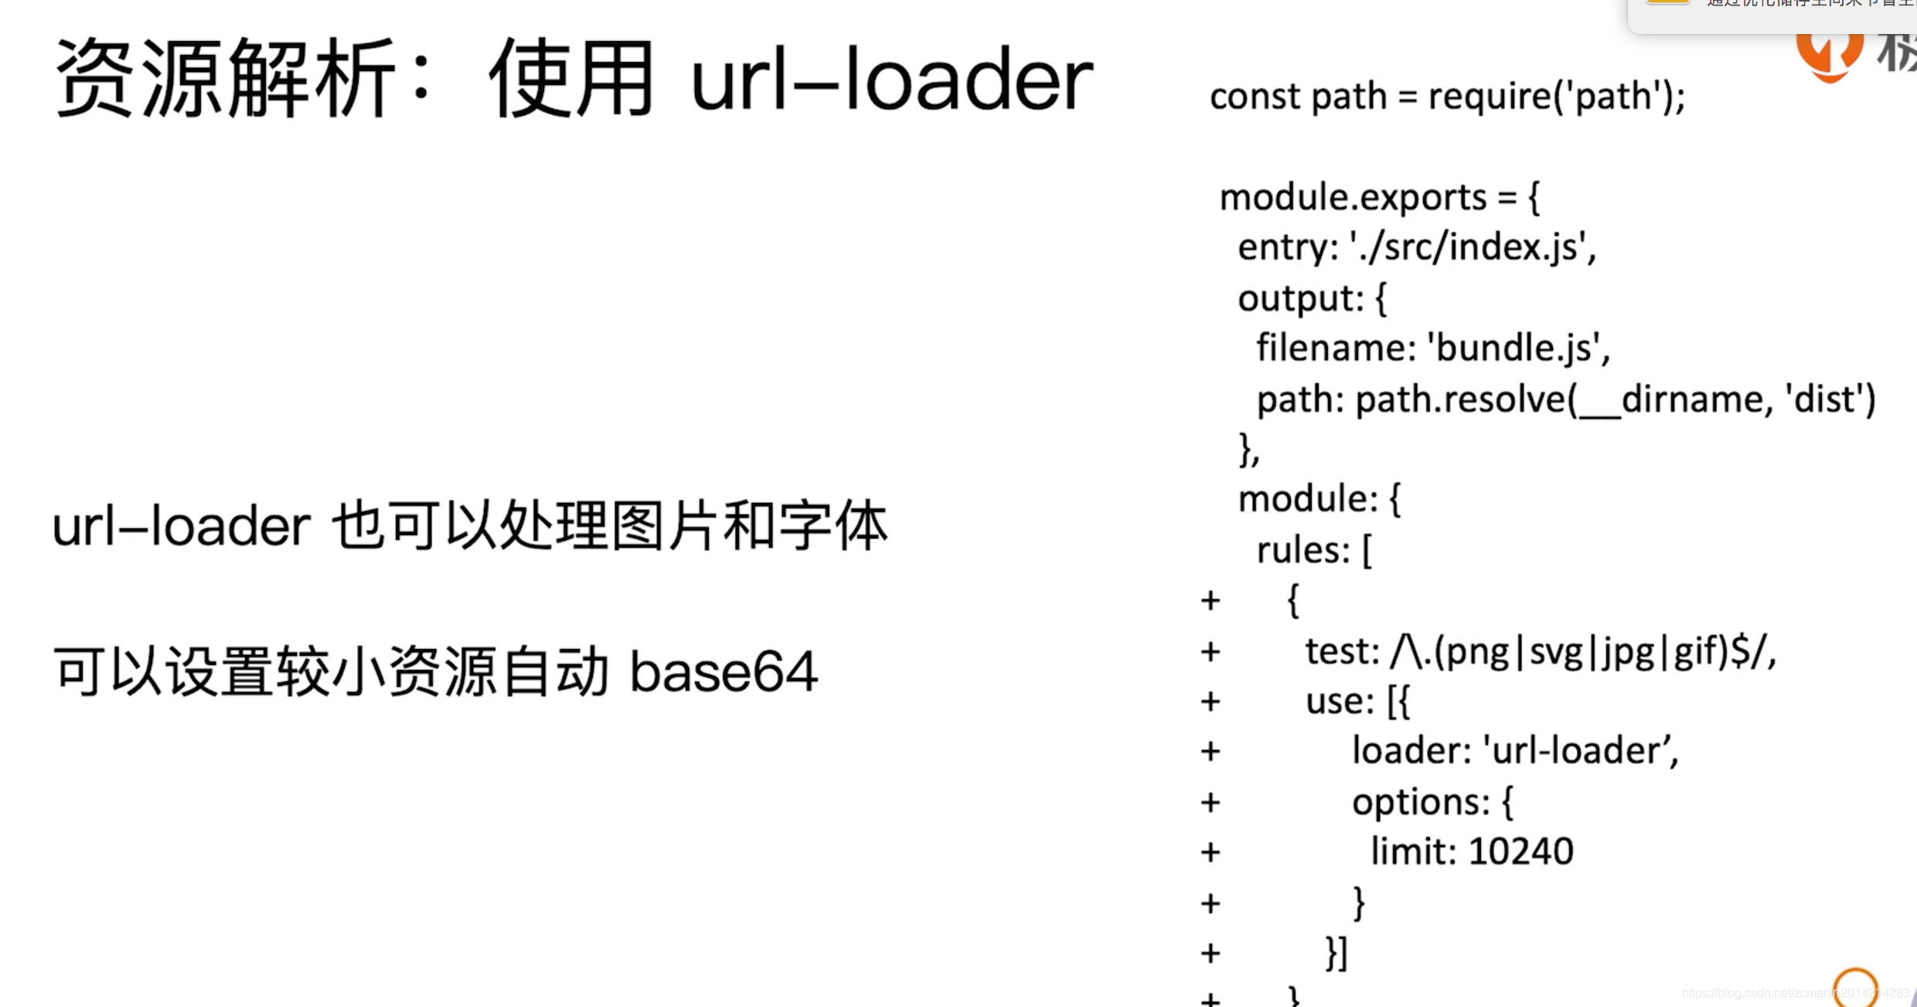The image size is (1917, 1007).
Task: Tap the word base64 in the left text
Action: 724,671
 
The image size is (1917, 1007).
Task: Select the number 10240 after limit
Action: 1520,852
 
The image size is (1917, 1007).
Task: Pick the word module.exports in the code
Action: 1353,197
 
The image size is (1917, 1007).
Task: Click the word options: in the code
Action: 1421,801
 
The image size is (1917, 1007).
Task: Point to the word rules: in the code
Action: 1303,551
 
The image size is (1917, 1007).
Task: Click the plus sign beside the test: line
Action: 1210,651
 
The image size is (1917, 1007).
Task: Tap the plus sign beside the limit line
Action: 1210,852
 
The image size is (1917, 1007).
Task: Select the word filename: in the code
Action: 1336,347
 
